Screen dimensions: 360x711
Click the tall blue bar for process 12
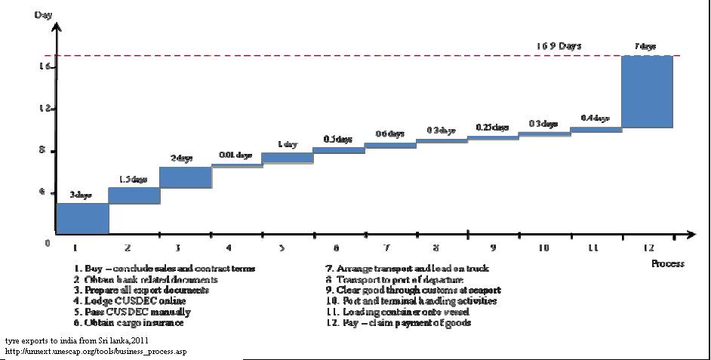(x=646, y=91)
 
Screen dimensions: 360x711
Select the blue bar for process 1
(x=82, y=218)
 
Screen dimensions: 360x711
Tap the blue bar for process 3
(x=185, y=177)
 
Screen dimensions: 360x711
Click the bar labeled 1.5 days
(x=134, y=195)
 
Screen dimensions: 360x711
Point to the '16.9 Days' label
(x=559, y=46)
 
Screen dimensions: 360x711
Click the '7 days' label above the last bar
(x=645, y=47)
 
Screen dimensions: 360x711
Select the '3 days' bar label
(x=81, y=195)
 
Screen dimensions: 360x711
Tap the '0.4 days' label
(x=595, y=118)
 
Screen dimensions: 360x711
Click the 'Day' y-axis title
(x=42, y=15)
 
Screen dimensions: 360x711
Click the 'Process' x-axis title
(x=667, y=263)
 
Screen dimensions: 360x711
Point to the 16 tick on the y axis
(x=46, y=67)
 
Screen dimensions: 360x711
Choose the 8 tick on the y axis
(x=46, y=151)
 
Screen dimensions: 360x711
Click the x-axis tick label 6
(x=336, y=248)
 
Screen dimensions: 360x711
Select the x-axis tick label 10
(x=543, y=248)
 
